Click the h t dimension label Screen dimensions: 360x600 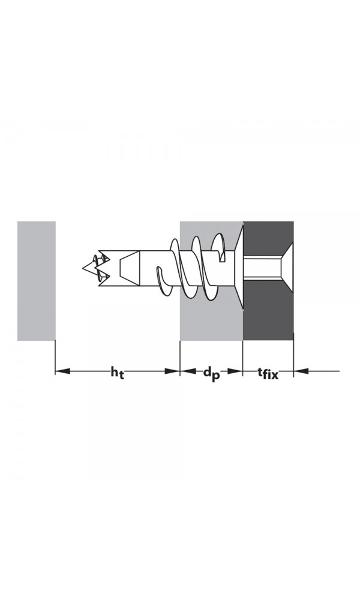tap(118, 373)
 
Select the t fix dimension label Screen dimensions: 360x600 tap(268, 373)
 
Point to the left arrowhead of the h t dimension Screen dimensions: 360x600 tap(63, 371)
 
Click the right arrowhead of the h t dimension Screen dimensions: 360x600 tap(172, 371)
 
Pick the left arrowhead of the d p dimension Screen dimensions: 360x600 tap(187, 371)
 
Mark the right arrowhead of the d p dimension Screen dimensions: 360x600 tap(235, 371)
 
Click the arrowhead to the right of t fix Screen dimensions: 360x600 tap(301, 371)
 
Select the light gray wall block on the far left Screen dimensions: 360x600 tap(37, 281)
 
